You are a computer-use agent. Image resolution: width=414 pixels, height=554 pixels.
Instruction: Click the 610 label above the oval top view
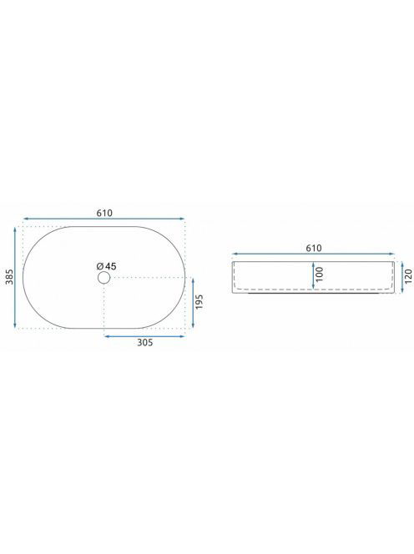[x=104, y=213]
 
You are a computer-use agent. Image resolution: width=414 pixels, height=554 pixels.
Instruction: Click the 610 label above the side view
[x=314, y=248]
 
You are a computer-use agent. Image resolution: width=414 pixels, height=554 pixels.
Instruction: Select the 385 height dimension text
[x=9, y=277]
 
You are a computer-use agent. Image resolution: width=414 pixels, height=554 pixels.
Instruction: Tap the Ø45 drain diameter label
[x=106, y=266]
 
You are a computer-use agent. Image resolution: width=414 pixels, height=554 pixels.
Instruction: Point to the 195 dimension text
[x=199, y=302]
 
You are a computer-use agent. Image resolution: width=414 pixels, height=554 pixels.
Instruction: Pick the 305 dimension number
[x=145, y=342]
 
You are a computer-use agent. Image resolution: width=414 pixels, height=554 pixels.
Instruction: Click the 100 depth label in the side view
[x=320, y=274]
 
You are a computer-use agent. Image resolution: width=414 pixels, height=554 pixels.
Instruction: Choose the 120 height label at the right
[x=408, y=277]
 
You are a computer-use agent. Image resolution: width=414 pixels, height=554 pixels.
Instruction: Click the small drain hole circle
[x=104, y=278]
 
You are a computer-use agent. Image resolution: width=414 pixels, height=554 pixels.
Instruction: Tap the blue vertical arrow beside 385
[x=15, y=277]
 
